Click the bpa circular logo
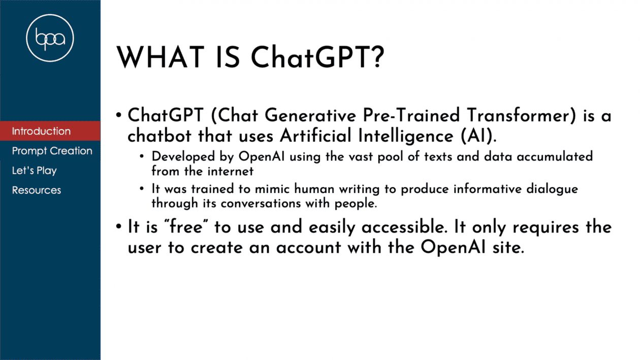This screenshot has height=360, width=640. [50, 38]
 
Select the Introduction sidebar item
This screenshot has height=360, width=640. [41, 131]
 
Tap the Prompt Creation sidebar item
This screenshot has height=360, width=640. [52, 151]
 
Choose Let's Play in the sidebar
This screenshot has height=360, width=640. [35, 171]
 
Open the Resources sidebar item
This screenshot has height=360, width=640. [37, 190]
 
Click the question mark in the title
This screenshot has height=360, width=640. [378, 57]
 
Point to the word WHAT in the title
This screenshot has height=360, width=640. [161, 57]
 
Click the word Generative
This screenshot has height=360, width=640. [310, 115]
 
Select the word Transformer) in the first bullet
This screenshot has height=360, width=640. [522, 115]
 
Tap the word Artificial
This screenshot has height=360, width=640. [315, 136]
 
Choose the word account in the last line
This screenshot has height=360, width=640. [308, 247]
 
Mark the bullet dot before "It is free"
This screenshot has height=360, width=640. [119, 227]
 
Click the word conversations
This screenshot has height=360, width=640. [261, 204]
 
